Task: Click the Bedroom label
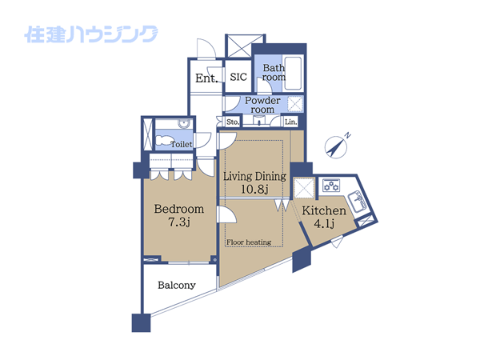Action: click(179, 209)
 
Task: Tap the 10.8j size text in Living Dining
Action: click(254, 189)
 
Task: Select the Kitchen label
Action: click(324, 210)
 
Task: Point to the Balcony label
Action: click(177, 286)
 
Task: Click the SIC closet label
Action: click(238, 77)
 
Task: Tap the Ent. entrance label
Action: click(206, 78)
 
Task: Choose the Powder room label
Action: click(262, 105)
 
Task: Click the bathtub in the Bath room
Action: click(293, 73)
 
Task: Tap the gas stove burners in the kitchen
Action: click(331, 186)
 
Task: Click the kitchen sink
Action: click(358, 201)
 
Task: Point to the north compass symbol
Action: click(337, 146)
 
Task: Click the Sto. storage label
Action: click(233, 122)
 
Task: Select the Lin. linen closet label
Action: click(291, 122)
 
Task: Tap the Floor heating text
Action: click(249, 242)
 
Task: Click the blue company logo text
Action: click(91, 34)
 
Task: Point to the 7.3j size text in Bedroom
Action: click(179, 222)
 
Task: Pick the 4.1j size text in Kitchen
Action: click(324, 223)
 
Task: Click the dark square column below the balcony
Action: click(141, 322)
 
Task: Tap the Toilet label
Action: click(182, 144)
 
